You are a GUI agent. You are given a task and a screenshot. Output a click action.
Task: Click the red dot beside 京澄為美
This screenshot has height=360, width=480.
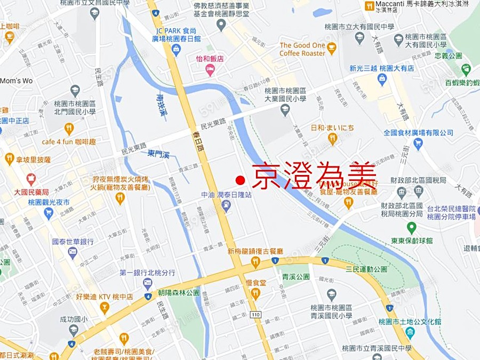240,180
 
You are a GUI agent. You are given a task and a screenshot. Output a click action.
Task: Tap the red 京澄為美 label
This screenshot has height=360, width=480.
314,175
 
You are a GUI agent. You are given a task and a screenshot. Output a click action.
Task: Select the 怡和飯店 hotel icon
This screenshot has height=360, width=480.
210,69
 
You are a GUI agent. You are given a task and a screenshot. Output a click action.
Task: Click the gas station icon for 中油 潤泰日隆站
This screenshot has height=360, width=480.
226,206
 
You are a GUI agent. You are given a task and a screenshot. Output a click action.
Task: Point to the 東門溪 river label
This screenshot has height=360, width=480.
158,154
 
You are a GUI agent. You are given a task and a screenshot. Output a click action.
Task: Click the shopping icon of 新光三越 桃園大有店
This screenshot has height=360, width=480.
381,79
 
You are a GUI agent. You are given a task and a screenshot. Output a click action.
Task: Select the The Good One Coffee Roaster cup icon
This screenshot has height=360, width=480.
331,49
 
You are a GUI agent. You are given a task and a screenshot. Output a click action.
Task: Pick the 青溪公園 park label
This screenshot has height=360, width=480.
296,277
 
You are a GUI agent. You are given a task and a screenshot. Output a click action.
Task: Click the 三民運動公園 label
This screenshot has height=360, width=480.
366,269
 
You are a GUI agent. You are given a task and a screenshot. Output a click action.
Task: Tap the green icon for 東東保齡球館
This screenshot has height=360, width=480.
411,228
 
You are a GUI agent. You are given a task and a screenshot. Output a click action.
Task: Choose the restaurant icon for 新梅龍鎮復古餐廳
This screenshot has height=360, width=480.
255,262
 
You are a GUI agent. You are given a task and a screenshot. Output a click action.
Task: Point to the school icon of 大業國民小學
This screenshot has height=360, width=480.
285,110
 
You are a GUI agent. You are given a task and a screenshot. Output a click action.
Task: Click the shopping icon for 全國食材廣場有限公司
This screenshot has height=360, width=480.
418,143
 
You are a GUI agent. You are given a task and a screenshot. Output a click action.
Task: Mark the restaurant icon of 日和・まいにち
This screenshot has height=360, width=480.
332,139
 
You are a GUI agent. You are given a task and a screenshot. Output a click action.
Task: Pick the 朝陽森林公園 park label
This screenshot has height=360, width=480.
179,293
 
